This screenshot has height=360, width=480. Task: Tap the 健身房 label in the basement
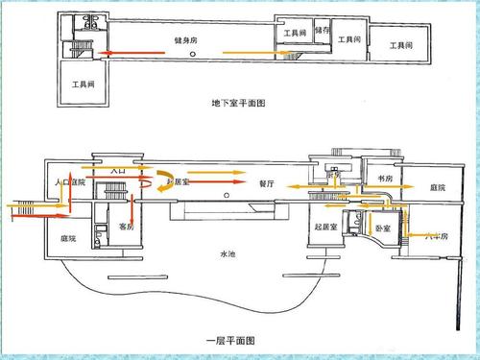point(186,41)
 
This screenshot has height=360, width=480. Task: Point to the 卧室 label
point(382,228)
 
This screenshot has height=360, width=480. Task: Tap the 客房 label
point(126,227)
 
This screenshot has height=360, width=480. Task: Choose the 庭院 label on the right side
point(437,187)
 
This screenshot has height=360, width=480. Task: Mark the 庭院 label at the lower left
point(68,238)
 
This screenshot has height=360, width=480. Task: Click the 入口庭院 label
point(72,180)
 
